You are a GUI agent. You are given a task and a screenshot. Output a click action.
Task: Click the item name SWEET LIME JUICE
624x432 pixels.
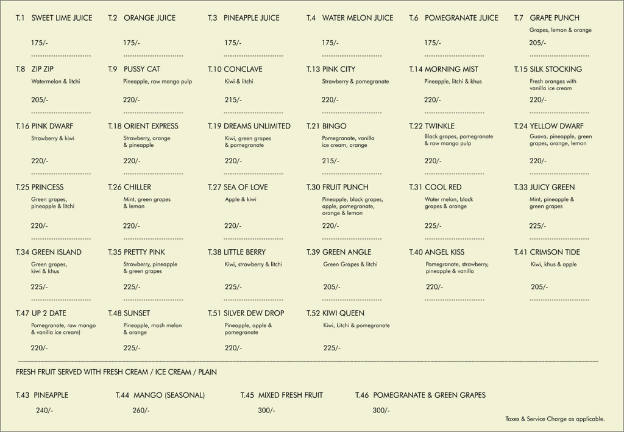click(x=62, y=18)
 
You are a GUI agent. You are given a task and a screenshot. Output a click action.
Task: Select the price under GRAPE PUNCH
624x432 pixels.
click(x=537, y=43)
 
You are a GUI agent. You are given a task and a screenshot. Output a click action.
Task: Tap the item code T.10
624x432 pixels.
click(x=214, y=69)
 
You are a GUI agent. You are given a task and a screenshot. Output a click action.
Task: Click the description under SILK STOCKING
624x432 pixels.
click(x=553, y=85)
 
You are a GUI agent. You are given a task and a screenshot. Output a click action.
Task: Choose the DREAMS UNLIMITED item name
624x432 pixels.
click(x=257, y=126)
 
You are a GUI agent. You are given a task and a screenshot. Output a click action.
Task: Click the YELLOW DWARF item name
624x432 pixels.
click(x=556, y=126)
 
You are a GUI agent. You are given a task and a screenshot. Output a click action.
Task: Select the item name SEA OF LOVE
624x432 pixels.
click(x=246, y=187)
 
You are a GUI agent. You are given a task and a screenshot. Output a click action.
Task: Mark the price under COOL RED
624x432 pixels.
click(x=433, y=226)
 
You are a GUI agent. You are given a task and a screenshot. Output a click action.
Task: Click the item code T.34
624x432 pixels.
click(x=23, y=252)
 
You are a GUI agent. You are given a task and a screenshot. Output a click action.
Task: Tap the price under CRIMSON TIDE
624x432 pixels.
click(x=539, y=287)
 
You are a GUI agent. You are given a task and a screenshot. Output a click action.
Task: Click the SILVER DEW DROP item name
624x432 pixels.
click(x=253, y=313)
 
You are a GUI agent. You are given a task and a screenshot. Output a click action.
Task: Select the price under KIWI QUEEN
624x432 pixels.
click(x=331, y=348)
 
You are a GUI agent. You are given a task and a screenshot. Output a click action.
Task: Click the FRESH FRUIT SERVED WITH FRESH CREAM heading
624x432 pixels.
click(x=116, y=372)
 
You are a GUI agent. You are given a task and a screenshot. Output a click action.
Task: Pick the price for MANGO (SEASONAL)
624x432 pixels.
click(x=141, y=411)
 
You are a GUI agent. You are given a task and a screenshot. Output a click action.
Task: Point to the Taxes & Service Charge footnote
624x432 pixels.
click(x=555, y=419)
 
